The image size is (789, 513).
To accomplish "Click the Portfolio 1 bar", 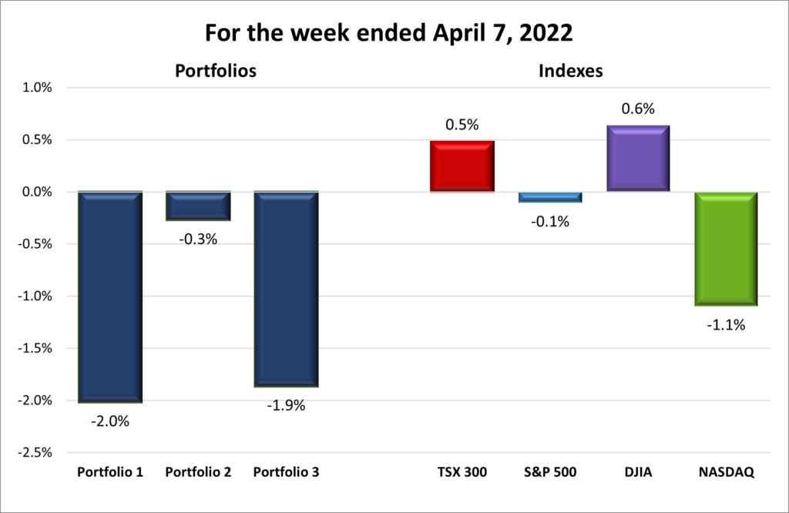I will (x=110, y=297).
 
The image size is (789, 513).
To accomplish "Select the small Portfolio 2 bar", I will (x=198, y=206).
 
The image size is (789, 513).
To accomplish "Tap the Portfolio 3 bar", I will (x=286, y=289).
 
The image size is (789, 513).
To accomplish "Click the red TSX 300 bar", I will (x=462, y=166).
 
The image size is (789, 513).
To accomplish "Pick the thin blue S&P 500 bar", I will (x=549, y=197).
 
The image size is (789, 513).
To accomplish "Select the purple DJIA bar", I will (x=638, y=158).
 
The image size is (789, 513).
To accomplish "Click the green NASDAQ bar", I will (x=726, y=249).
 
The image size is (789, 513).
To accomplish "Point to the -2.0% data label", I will (x=110, y=421).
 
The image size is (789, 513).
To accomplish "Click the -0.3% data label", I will (x=199, y=239).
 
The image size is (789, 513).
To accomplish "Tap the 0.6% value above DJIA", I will (x=638, y=109).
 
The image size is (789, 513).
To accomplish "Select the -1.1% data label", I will (x=726, y=325).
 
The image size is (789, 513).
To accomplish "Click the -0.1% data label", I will (x=549, y=222).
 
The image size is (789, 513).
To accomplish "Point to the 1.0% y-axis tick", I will (x=36, y=88).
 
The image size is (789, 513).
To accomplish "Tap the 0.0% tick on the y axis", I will (x=36, y=192).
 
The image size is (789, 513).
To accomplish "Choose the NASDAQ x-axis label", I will (x=726, y=472).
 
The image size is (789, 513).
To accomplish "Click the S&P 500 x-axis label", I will (x=549, y=472).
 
